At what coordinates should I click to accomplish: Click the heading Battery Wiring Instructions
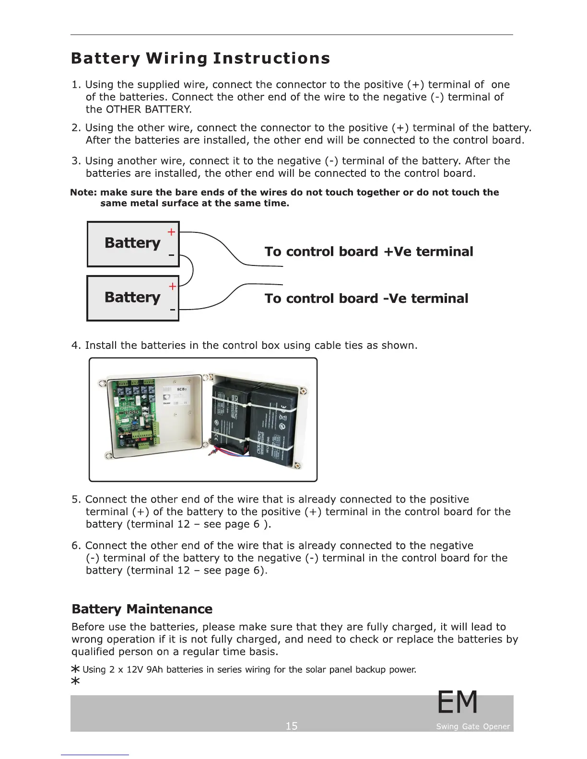click(200, 58)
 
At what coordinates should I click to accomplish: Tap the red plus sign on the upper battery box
click(171, 232)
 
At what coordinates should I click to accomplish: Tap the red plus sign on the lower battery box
click(173, 287)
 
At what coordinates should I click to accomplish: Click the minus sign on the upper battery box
click(171, 255)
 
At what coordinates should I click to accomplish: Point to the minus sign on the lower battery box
click(173, 310)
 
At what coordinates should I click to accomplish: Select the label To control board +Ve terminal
click(368, 252)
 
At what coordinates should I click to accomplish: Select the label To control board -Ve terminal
click(366, 299)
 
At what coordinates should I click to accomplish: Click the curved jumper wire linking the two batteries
click(192, 271)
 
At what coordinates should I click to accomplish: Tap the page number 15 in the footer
click(291, 726)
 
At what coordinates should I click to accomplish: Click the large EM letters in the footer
click(458, 702)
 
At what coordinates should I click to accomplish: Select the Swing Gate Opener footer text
click(473, 726)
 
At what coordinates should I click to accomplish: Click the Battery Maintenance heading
click(142, 609)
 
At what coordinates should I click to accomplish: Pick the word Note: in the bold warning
click(83, 193)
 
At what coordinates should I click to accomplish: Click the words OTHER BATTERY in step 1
click(148, 109)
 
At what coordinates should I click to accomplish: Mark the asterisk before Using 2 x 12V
click(75, 669)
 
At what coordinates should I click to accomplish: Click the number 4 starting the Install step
click(75, 345)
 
